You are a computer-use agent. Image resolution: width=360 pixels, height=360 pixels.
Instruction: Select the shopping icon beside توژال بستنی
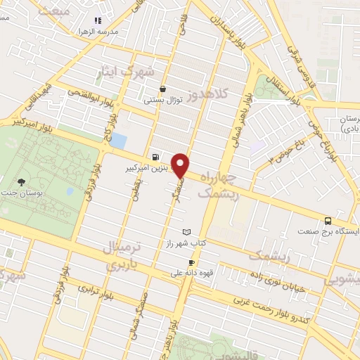coord(163,89)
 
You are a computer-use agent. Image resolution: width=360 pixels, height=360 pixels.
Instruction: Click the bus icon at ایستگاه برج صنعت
coord(328,219)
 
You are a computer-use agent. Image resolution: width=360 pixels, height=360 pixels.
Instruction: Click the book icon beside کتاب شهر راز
coord(186,231)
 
